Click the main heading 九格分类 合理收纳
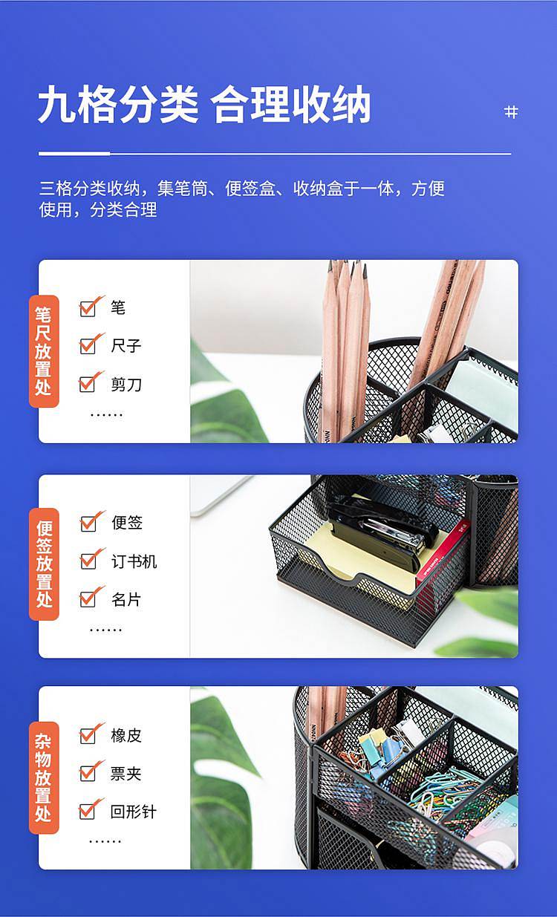pos(204,105)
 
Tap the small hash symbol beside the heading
pos(511,112)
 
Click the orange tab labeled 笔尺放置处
pos(44,351)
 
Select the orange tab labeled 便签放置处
pos(44,564)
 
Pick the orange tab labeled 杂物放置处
pos(44,777)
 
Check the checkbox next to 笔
pos(87,309)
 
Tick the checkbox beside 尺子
pos(87,346)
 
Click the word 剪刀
pos(126,385)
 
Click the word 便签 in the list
pos(127,523)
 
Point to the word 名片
pos(126,599)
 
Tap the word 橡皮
pos(126,736)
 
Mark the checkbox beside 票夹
pos(87,773)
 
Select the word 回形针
pos(134,812)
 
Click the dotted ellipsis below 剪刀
pos(106,415)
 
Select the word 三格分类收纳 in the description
pos(90,189)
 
